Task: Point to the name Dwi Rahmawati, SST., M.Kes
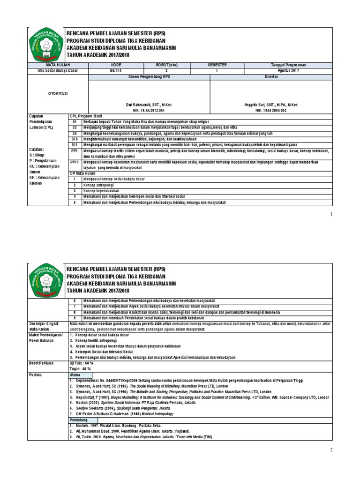click(x=160, y=105)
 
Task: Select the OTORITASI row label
click(x=47, y=93)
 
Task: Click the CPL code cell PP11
click(x=75, y=162)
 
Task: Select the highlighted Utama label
click(x=75, y=375)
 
